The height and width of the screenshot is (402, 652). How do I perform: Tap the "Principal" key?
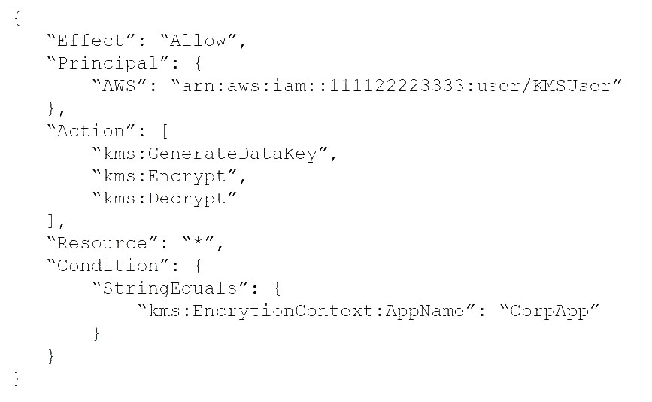click(x=108, y=63)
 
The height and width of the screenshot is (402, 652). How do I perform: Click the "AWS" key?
click(x=119, y=86)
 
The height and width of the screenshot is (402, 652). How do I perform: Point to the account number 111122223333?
click(x=396, y=86)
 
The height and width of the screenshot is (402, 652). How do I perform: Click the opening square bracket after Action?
click(x=165, y=132)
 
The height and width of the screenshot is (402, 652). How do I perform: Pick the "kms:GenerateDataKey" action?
click(x=211, y=154)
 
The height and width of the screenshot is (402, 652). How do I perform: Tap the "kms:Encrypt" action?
click(x=165, y=176)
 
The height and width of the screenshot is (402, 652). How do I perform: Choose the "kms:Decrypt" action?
click(x=165, y=199)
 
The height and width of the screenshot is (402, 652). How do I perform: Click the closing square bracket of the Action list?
click(x=50, y=221)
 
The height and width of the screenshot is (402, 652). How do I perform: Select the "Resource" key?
click(x=102, y=243)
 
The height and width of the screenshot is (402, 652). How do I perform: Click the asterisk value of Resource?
click(x=199, y=242)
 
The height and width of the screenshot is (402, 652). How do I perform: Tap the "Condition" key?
click(x=108, y=266)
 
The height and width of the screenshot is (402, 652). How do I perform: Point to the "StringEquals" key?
click(x=170, y=289)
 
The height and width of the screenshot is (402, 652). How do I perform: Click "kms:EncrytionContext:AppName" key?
click(x=307, y=311)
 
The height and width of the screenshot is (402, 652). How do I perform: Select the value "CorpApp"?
click(x=549, y=311)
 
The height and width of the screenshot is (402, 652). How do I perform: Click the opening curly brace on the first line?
click(x=17, y=18)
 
